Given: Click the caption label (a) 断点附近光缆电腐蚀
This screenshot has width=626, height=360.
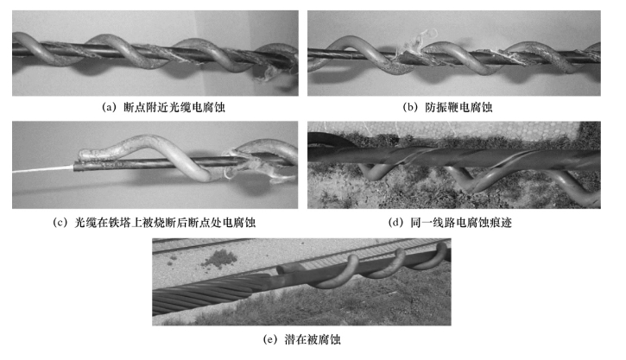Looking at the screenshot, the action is coord(164,107).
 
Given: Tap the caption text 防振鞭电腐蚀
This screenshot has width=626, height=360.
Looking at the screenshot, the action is coord(458,107).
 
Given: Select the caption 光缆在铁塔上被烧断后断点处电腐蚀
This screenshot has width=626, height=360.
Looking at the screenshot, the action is coord(165,223).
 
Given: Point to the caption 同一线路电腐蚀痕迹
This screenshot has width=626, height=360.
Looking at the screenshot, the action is coord(461,223).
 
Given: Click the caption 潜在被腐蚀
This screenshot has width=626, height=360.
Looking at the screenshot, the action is coord(313,339).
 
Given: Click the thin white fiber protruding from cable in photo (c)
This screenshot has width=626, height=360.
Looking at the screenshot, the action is coord(43,169).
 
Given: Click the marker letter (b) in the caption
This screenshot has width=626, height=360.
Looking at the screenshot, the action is coord(410,107).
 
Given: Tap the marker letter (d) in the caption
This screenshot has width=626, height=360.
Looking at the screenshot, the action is coord(395,223).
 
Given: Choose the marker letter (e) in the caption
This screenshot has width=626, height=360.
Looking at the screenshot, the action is coord(270,339).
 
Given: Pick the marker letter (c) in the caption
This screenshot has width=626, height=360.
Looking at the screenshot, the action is coord(60,223).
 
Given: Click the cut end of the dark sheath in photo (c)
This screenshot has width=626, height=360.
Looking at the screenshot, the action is coord(75,167).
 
